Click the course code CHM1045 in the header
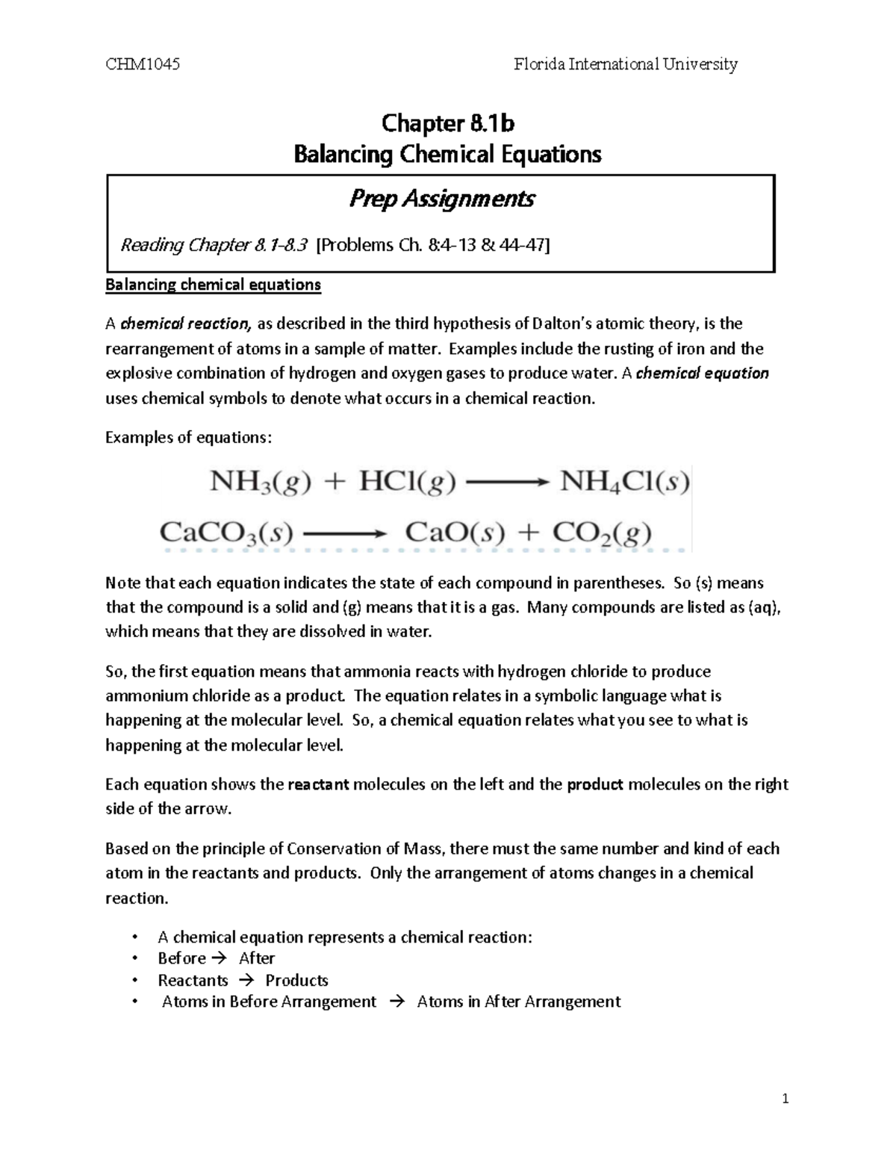tap(143, 64)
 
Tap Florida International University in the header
tap(626, 64)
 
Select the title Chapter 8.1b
tap(447, 122)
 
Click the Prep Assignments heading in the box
tap(441, 199)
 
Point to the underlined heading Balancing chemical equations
tap(213, 285)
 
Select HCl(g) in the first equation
tap(407, 482)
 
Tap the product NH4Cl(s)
tap(624, 482)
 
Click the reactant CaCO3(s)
tap(226, 533)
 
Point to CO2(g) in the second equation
tap(602, 533)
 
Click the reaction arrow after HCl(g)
tap(507, 483)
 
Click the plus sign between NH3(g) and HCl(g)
tap(335, 483)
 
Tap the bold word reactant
tap(318, 784)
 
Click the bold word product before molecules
tap(595, 784)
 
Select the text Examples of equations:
tap(189, 438)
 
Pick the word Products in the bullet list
tap(296, 980)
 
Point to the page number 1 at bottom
tap(785, 1099)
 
